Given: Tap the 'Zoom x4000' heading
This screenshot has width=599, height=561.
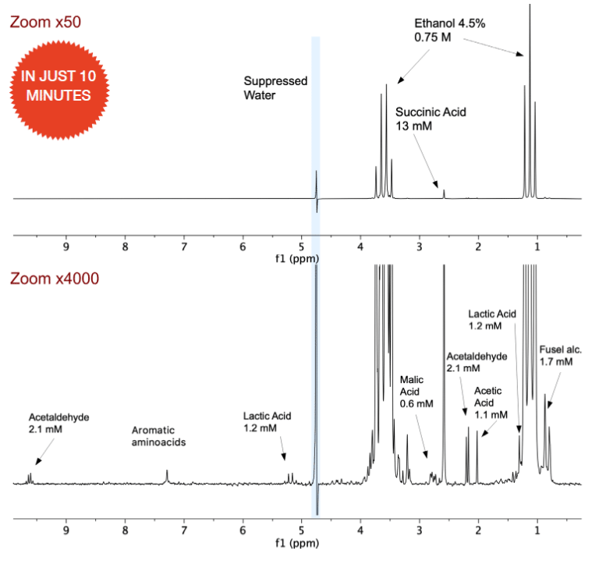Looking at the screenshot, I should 53,279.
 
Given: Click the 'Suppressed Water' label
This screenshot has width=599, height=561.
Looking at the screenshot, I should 275,88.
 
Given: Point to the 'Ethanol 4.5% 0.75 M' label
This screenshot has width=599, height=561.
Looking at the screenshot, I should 449,30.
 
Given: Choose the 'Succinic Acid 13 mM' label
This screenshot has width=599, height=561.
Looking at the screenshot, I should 431,119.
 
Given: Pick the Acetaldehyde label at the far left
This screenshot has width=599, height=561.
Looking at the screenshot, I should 59,424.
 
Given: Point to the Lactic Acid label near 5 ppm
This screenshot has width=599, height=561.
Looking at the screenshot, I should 267,422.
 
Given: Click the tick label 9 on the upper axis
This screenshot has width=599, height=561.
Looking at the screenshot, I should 66,247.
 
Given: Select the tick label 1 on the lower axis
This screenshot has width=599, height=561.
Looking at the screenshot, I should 537,531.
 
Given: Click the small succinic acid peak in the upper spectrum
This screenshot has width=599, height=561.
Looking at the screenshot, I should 444,194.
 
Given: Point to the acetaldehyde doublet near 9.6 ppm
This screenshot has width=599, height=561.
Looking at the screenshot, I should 30,478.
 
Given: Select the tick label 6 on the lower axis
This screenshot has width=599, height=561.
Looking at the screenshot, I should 243,531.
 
